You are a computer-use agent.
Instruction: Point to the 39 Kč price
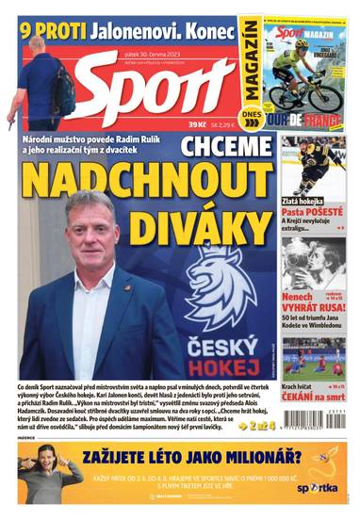click(x=198, y=125)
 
